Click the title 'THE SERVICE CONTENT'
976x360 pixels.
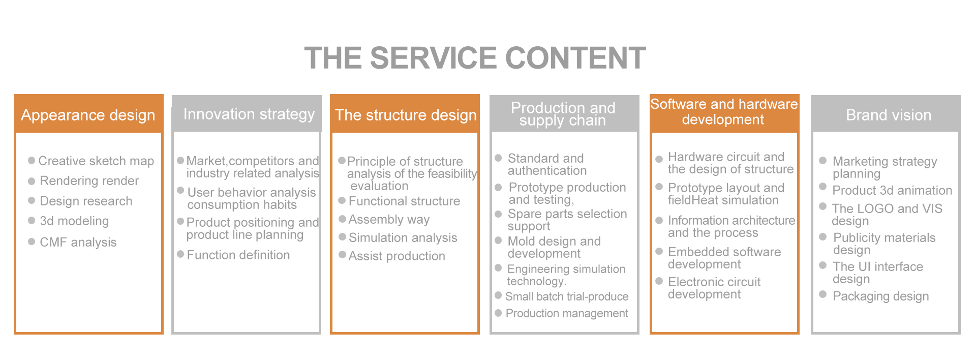pos(475,58)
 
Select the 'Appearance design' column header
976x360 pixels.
pos(88,115)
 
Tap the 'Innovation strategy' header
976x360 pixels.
pos(249,114)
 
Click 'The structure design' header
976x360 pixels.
pos(406,115)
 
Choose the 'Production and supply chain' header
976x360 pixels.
pos(563,114)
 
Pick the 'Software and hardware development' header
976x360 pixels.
pos(724,112)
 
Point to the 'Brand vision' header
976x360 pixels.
pos(888,115)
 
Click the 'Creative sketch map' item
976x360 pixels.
pos(96,161)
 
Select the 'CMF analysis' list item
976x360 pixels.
pos(78,242)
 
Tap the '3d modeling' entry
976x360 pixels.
pos(74,221)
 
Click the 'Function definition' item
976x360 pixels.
pos(238,255)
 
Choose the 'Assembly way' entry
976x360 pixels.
pos(389,219)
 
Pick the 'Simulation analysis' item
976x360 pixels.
pos(403,237)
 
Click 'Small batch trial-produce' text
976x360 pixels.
pos(567,296)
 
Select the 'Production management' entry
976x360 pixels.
pos(567,313)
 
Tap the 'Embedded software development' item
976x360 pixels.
pos(724,258)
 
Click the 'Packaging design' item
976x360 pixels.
pos(880,296)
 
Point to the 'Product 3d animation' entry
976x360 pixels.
pos(892,190)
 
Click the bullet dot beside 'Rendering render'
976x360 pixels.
pos(32,181)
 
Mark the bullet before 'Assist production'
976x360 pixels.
pos(343,254)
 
